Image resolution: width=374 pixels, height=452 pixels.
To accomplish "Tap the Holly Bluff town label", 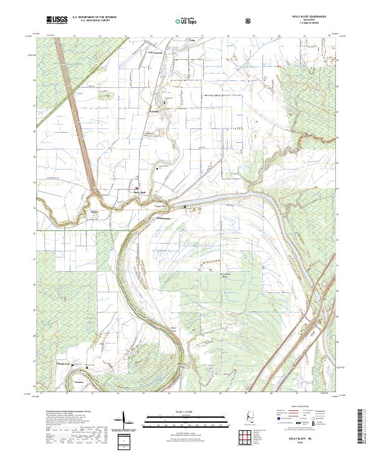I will pos(140,192).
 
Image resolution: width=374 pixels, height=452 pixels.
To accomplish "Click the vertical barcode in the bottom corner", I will pos(361,430).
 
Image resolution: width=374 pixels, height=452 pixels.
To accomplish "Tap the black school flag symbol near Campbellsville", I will pos(185,207).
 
